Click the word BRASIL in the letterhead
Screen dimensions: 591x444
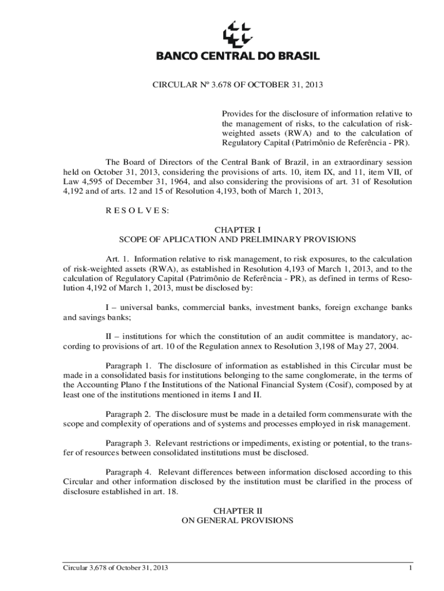295,56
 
